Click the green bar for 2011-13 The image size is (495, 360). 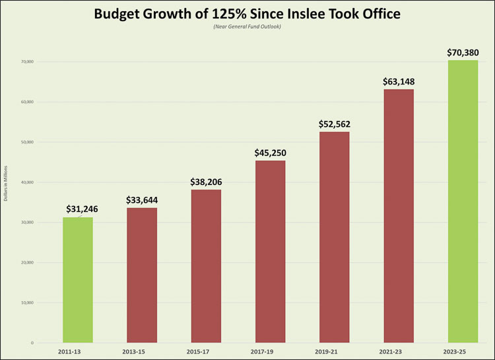pos(78,280)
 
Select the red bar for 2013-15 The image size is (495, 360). pos(142,275)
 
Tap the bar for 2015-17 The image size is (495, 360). pos(206,266)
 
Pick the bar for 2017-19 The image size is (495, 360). pos(271,252)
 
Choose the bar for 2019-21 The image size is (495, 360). pos(335,237)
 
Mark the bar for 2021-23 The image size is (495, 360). pos(399,216)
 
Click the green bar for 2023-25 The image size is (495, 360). pos(463,201)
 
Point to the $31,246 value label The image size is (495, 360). pos(82,209)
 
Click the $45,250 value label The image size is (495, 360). pos(271,153)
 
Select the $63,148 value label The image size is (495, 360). pos(399,81)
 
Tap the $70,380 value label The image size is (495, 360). pos(463,52)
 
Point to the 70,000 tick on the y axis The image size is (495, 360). pos(26,61)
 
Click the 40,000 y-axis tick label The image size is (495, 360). pos(26,182)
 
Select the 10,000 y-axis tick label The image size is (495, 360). pos(26,303)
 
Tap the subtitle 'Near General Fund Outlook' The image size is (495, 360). pos(247,26)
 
